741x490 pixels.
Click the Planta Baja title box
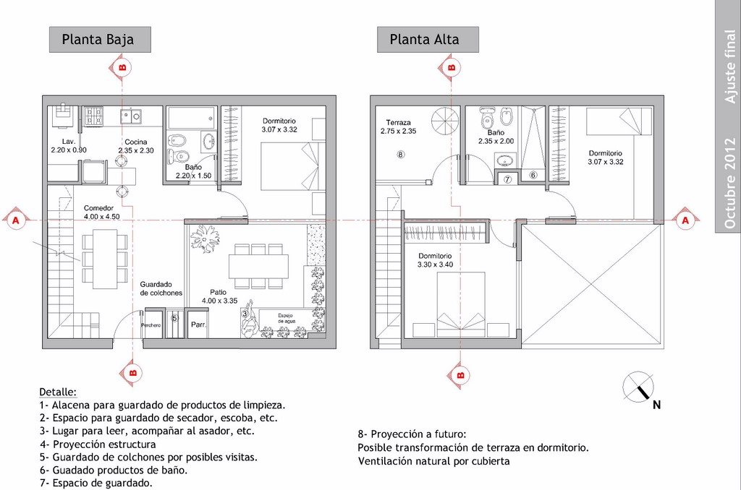[x=100, y=39]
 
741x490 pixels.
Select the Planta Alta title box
[x=428, y=39]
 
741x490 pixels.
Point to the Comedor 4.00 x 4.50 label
[x=101, y=212]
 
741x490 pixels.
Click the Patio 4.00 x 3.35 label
[x=219, y=296]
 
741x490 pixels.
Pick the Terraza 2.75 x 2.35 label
[x=399, y=126]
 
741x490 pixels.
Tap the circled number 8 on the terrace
[x=401, y=154]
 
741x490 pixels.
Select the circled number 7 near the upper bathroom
[x=507, y=179]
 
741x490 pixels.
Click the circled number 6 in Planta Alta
[x=533, y=175]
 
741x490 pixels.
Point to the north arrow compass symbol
[x=638, y=387]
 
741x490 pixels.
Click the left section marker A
[x=16, y=220]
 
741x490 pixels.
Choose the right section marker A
[x=685, y=220]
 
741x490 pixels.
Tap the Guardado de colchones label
[x=161, y=288]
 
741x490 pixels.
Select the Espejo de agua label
[x=286, y=318]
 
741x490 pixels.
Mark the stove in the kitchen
[x=93, y=115]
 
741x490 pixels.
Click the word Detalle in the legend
[x=58, y=392]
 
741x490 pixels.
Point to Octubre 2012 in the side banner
[x=729, y=181]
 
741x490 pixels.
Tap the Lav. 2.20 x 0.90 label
[x=69, y=145]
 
